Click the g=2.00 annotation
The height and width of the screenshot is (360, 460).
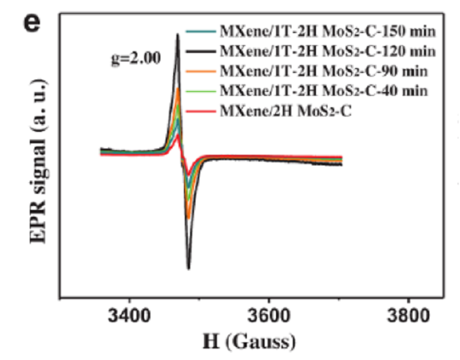(137, 58)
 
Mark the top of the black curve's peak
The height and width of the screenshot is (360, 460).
(178, 34)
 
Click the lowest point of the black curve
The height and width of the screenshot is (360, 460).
(189, 268)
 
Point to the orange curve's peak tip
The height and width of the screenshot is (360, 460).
(178, 90)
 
